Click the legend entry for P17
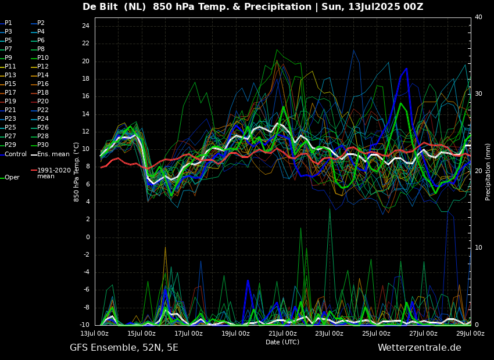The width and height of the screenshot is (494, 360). click(x=10, y=93)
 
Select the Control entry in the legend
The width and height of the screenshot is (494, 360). click(x=16, y=154)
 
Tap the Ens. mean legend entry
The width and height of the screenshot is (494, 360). click(x=53, y=154)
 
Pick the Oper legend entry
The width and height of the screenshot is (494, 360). click(x=12, y=178)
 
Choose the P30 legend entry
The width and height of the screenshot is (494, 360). click(x=43, y=145)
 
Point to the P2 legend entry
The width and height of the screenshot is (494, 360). click(x=41, y=23)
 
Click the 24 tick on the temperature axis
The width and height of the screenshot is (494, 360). click(x=85, y=26)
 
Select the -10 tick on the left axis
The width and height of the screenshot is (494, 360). click(x=84, y=325)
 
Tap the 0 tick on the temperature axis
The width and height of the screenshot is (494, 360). click(x=87, y=237)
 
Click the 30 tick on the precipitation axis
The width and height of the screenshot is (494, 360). click(x=478, y=93)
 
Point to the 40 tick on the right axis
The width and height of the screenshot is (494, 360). click(x=478, y=17)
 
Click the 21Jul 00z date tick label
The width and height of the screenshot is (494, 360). click(x=282, y=334)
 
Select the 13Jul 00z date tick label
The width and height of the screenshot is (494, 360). click(x=94, y=334)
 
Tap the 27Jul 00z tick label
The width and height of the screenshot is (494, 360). click(x=423, y=334)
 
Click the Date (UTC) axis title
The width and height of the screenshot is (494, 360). click(x=282, y=343)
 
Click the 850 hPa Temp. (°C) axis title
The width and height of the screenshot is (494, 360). click(x=77, y=172)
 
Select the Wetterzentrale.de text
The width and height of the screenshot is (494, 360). click(x=419, y=348)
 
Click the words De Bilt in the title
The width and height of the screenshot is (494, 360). click(x=102, y=7)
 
